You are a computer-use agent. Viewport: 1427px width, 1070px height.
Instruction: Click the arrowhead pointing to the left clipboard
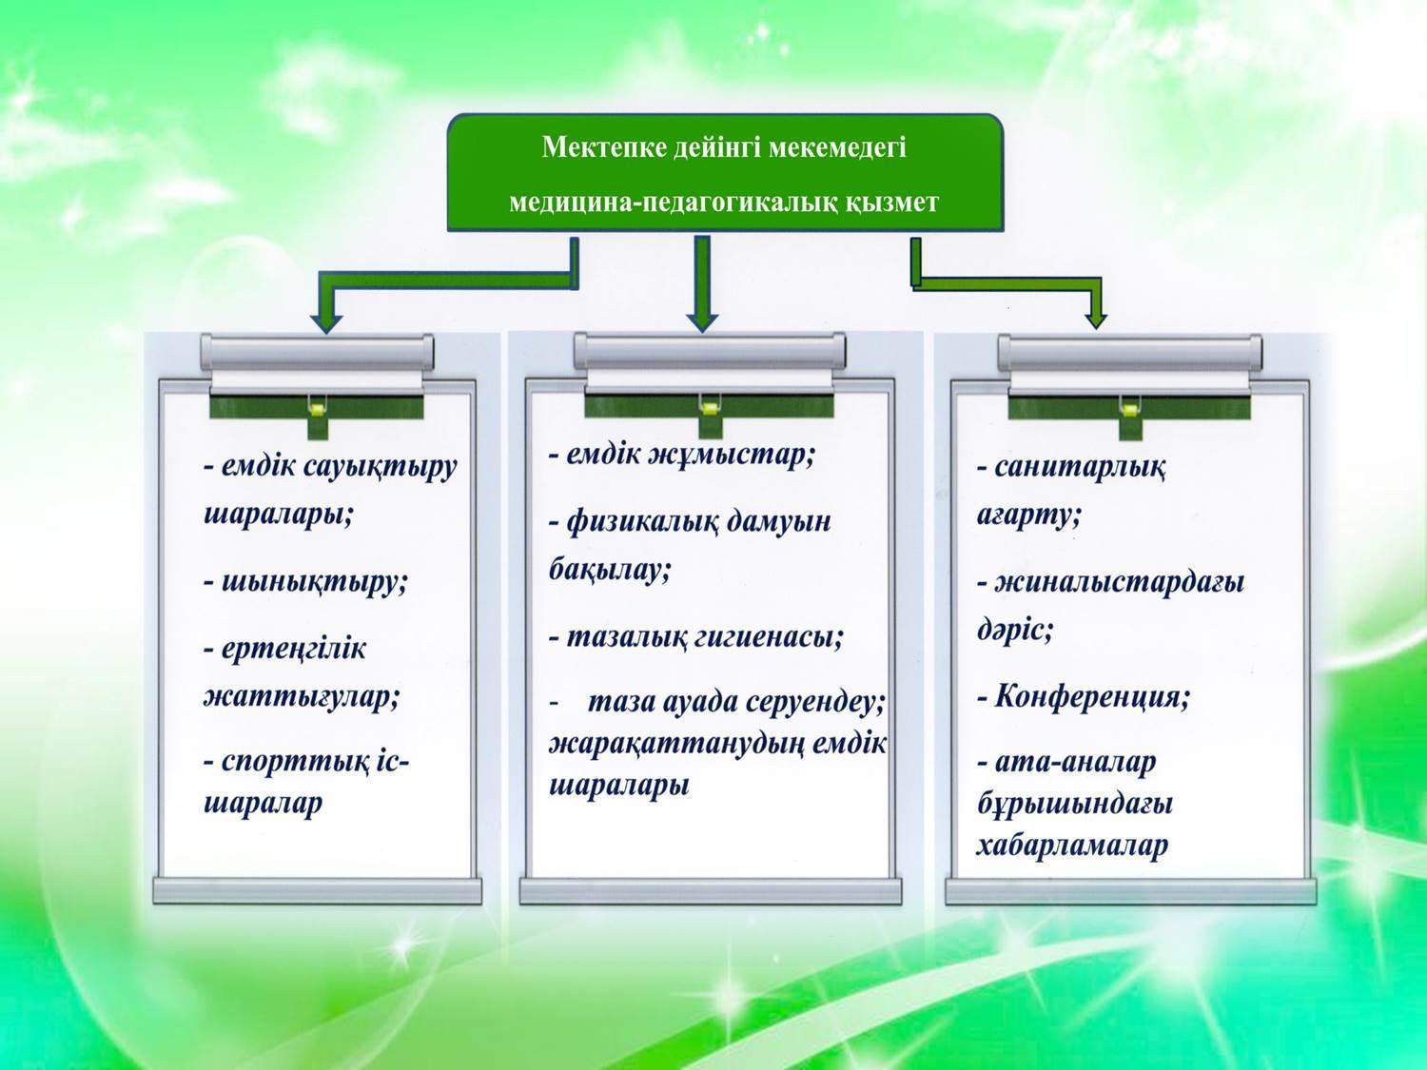tap(326, 323)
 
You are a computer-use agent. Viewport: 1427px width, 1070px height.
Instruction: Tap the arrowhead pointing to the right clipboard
tap(1095, 321)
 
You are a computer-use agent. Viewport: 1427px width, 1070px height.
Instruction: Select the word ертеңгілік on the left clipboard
tap(294, 650)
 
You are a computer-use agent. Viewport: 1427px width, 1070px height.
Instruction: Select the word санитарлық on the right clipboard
tap(1080, 467)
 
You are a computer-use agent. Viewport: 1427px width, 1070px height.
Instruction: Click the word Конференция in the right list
tap(1092, 698)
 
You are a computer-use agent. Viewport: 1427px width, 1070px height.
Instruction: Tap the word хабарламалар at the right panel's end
tap(1072, 846)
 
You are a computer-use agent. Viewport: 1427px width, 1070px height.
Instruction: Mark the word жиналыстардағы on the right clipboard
tap(1119, 582)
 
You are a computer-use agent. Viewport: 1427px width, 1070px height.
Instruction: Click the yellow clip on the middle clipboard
tap(710, 408)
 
